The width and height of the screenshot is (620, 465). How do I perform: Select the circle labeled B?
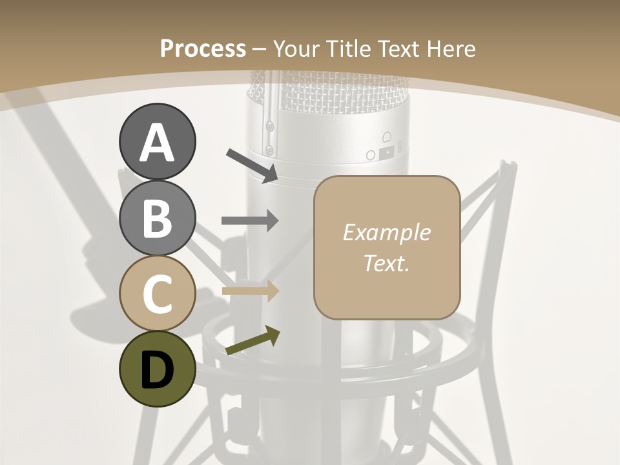[157, 218]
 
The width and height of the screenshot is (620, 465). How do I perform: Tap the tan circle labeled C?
[157, 293]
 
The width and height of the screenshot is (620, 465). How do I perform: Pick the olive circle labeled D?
[157, 369]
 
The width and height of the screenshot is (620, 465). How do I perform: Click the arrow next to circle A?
[253, 165]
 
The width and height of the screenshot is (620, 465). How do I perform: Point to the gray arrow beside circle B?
[250, 221]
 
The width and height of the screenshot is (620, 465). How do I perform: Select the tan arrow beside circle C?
[250, 291]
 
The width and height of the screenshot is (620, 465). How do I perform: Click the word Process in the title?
[203, 48]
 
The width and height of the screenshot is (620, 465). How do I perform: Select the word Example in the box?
[386, 232]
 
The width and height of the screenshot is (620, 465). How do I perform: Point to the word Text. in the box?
[386, 263]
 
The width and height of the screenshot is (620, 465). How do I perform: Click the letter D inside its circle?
[157, 370]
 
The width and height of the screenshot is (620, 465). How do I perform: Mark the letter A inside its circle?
[157, 143]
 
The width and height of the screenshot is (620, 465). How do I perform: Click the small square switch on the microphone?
[386, 152]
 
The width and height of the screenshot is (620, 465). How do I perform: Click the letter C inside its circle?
[157, 294]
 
